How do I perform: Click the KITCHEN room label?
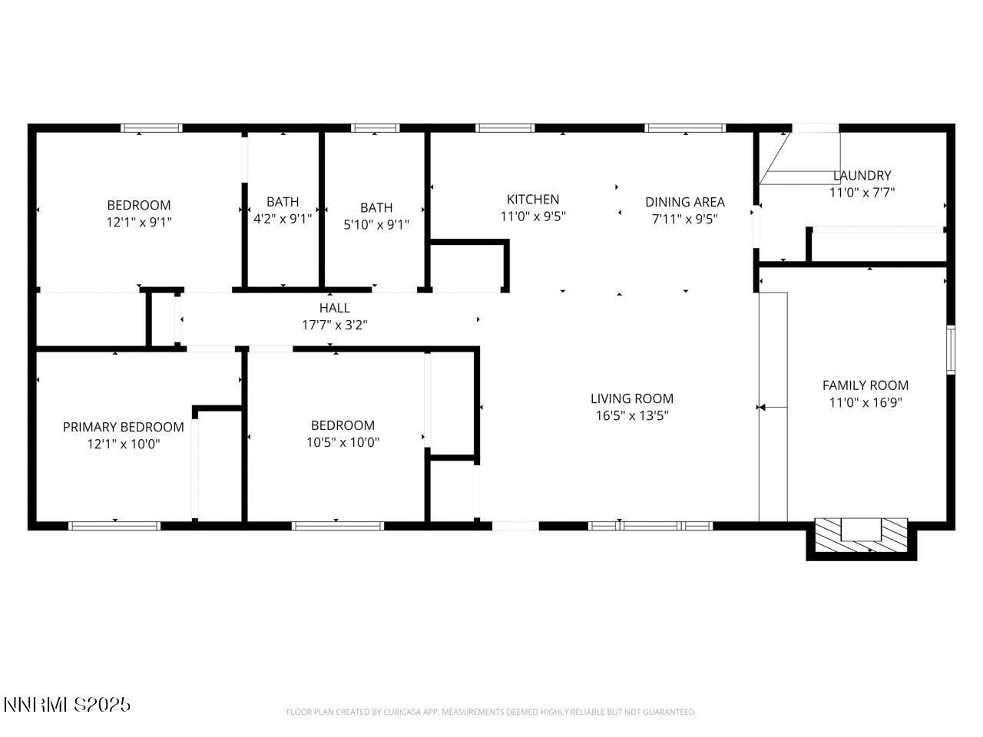tap(532, 200)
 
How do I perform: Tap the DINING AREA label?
tap(684, 202)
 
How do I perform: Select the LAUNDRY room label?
tap(862, 176)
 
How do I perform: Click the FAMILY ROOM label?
tap(865, 385)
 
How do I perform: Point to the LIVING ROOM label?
tap(631, 398)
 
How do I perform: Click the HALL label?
tap(334, 308)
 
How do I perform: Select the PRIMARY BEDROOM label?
tap(123, 427)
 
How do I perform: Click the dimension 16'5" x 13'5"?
tap(631, 416)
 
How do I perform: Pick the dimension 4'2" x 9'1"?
tap(283, 219)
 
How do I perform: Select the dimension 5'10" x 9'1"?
tap(376, 224)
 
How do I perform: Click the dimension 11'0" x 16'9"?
tap(865, 402)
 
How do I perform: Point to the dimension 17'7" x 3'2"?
tap(334, 325)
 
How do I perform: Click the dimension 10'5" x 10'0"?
tap(343, 442)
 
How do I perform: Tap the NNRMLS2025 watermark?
tap(67, 704)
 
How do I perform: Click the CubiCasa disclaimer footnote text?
tap(491, 712)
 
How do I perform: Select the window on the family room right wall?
tap(950, 349)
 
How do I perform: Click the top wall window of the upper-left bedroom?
tap(151, 128)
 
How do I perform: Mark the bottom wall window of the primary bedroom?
tap(114, 526)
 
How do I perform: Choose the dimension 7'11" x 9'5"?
tap(684, 219)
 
